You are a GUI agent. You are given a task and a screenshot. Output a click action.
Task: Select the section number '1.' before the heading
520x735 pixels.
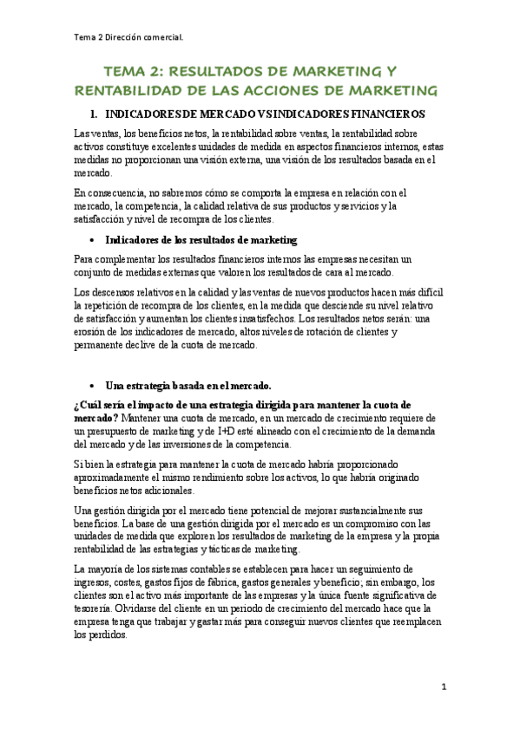95,114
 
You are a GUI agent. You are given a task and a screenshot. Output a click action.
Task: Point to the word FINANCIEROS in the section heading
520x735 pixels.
377,114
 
